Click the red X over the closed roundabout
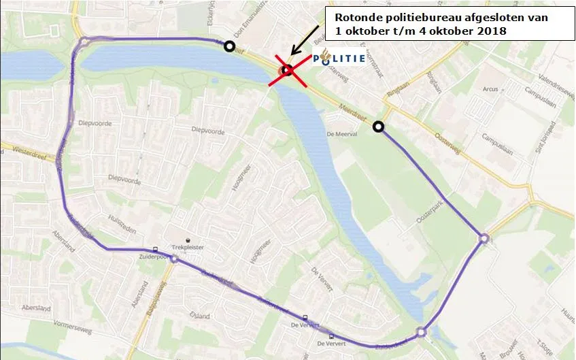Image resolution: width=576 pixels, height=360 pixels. click(x=287, y=69)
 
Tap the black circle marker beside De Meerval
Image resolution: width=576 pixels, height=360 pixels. click(x=378, y=126)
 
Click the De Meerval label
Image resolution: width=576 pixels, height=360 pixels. click(x=341, y=134)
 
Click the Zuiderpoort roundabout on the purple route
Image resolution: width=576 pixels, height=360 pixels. click(x=174, y=259)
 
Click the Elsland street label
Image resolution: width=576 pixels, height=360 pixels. click(x=200, y=316)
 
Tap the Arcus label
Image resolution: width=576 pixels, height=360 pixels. click(x=489, y=88)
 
